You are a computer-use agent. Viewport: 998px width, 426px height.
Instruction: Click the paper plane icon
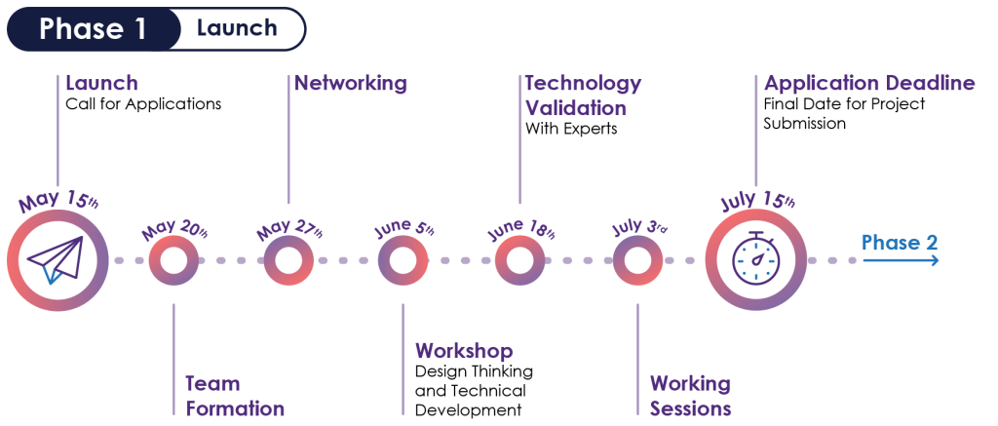coord(57,259)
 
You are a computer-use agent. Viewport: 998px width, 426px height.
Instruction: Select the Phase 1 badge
coord(94,29)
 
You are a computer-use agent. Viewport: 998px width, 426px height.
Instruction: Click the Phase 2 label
coord(900,242)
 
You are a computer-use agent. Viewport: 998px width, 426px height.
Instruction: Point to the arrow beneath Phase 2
coord(902,260)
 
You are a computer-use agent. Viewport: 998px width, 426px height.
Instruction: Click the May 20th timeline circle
coord(173,260)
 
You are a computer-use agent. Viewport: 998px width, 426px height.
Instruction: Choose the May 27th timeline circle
coord(288,260)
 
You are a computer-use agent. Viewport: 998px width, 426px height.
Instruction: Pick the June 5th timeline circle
coord(403,260)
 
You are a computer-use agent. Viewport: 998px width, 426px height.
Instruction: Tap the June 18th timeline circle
coord(519,260)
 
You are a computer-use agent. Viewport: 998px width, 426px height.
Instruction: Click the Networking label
coord(351,83)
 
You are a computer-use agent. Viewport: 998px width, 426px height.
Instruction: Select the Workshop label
coord(464,351)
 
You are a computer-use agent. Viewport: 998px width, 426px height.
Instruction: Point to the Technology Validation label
coord(583,96)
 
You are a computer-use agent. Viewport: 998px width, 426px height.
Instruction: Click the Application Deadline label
coord(869,83)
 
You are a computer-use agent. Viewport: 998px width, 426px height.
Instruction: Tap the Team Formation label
coord(235,396)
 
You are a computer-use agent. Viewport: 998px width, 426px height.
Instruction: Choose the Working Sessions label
coord(690,396)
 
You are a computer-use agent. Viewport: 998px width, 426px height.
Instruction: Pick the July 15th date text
coord(757,201)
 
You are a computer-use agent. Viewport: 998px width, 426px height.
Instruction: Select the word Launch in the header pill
coord(237,28)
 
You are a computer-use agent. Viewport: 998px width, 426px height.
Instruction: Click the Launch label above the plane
coord(101,83)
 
